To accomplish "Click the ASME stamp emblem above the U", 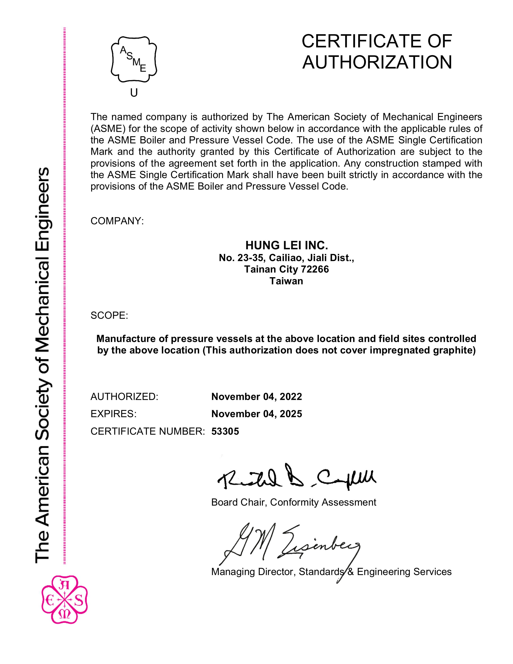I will pos(134,59).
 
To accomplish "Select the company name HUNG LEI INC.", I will pos(287,245).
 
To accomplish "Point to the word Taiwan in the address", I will pos(286,281).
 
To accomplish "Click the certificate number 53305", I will pos(225,431).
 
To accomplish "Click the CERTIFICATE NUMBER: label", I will pos(148,431).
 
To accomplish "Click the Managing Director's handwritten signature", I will pos(292,544).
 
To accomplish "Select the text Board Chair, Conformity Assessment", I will pos(294,502).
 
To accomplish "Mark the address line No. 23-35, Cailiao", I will pos(260,258).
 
